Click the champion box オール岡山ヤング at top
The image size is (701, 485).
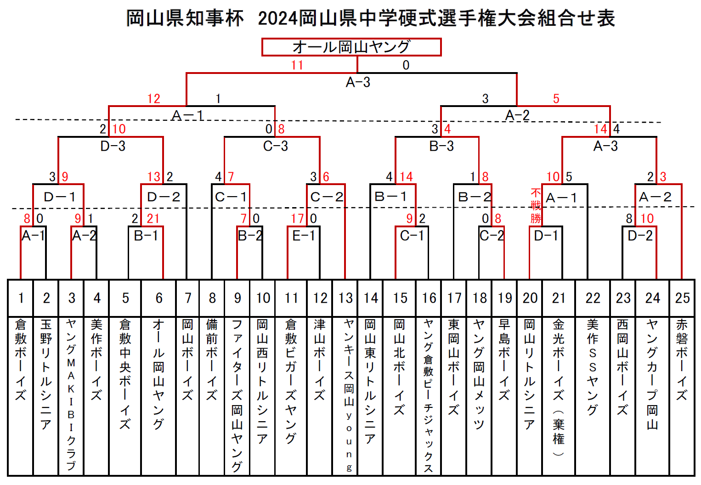[x=351, y=47]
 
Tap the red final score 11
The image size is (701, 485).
[x=297, y=65]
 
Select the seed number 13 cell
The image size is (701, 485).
[x=345, y=298]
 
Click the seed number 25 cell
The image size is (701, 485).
[x=682, y=298]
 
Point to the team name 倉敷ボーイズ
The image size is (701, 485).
[x=20, y=360]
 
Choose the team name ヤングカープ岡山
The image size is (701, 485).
[x=652, y=374]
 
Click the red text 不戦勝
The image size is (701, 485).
[x=536, y=206]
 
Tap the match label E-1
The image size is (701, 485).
[x=303, y=236]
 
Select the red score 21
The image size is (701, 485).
[x=153, y=219]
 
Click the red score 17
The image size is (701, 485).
[x=297, y=219]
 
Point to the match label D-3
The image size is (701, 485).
[x=113, y=146]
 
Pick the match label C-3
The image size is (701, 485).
[x=276, y=146]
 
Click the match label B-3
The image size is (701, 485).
[x=441, y=146]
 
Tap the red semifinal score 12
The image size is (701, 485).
[x=153, y=99]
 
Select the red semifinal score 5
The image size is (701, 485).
[x=556, y=99]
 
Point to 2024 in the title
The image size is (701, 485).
[x=277, y=18]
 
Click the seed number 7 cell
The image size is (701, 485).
[x=187, y=298]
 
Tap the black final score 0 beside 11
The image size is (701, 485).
[x=406, y=65]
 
